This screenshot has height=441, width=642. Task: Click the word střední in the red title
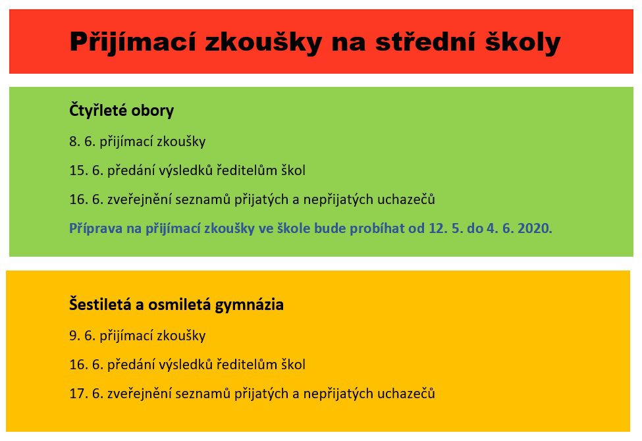tap(426, 41)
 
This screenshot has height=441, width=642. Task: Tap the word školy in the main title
tap(523, 41)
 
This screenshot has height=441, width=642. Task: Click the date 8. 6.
tap(82, 142)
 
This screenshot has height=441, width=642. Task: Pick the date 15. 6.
tap(86, 170)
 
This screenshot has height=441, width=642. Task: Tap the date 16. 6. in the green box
tap(86, 199)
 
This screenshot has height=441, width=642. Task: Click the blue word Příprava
tap(96, 228)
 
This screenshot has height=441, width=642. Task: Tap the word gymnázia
tap(250, 305)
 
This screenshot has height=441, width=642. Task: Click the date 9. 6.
tap(82, 335)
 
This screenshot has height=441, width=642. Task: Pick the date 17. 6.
tap(86, 394)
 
